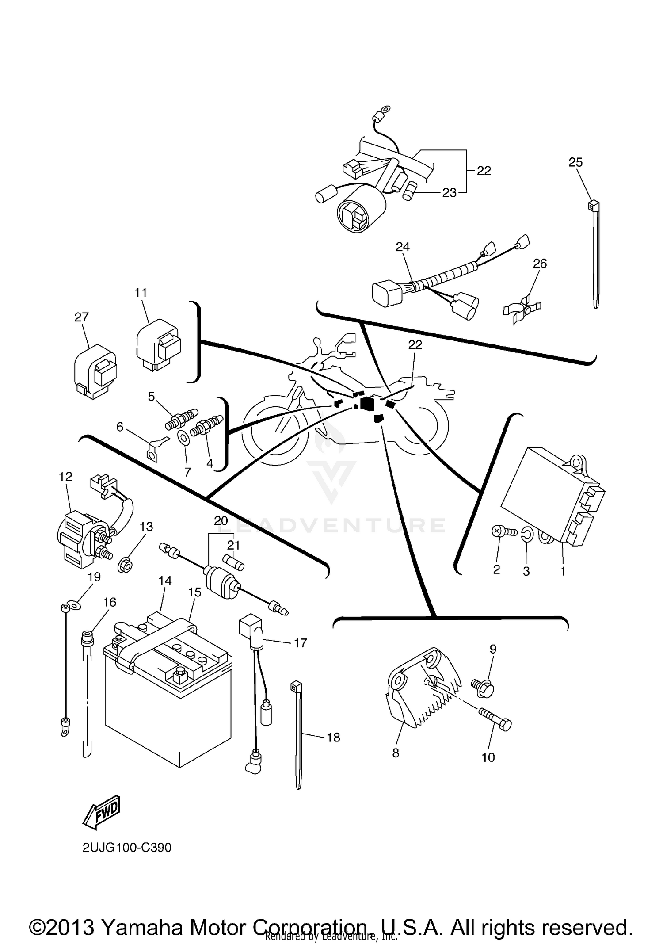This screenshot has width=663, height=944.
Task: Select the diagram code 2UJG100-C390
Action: (127, 848)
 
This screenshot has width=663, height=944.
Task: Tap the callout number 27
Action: (81, 317)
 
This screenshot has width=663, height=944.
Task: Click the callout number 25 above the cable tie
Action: (575, 162)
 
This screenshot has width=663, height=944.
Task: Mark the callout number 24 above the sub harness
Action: (403, 247)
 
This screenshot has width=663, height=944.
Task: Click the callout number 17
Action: (300, 643)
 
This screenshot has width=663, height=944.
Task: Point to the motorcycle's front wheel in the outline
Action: (274, 429)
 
